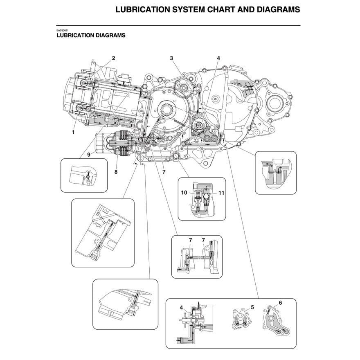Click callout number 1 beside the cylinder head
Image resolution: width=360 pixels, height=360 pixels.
[73, 132]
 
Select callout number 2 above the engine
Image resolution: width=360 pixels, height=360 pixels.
[113, 58]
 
